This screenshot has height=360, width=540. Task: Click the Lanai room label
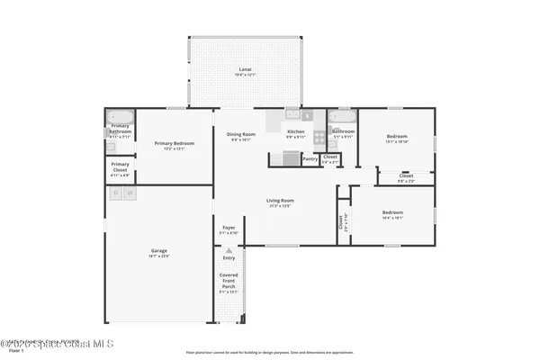click(x=244, y=69)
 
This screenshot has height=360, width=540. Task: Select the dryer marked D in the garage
click(x=115, y=193)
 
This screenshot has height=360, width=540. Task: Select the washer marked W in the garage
click(x=130, y=193)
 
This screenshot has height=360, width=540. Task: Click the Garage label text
click(x=158, y=251)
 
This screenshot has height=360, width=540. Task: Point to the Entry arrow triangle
click(x=229, y=250)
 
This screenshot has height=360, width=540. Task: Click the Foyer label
click(x=229, y=228)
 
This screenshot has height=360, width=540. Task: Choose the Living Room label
click(x=280, y=202)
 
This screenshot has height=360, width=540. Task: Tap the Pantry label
click(x=310, y=158)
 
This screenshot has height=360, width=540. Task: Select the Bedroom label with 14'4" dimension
click(x=392, y=213)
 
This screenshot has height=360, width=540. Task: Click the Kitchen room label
click(x=295, y=132)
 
